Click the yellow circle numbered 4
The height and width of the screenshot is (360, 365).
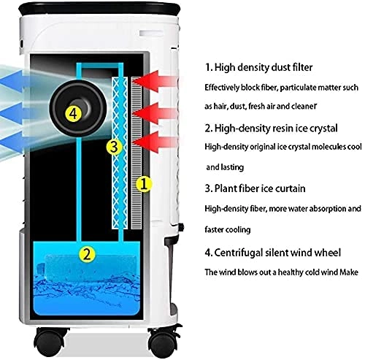tap(71, 113)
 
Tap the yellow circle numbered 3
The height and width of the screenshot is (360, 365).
tap(112, 147)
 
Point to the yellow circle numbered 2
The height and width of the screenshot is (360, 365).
tap(87, 254)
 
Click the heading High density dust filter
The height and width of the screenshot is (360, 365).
tap(259, 68)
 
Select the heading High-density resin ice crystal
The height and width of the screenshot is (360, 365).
tap(270, 128)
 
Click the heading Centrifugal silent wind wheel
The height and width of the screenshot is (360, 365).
tap(272, 253)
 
